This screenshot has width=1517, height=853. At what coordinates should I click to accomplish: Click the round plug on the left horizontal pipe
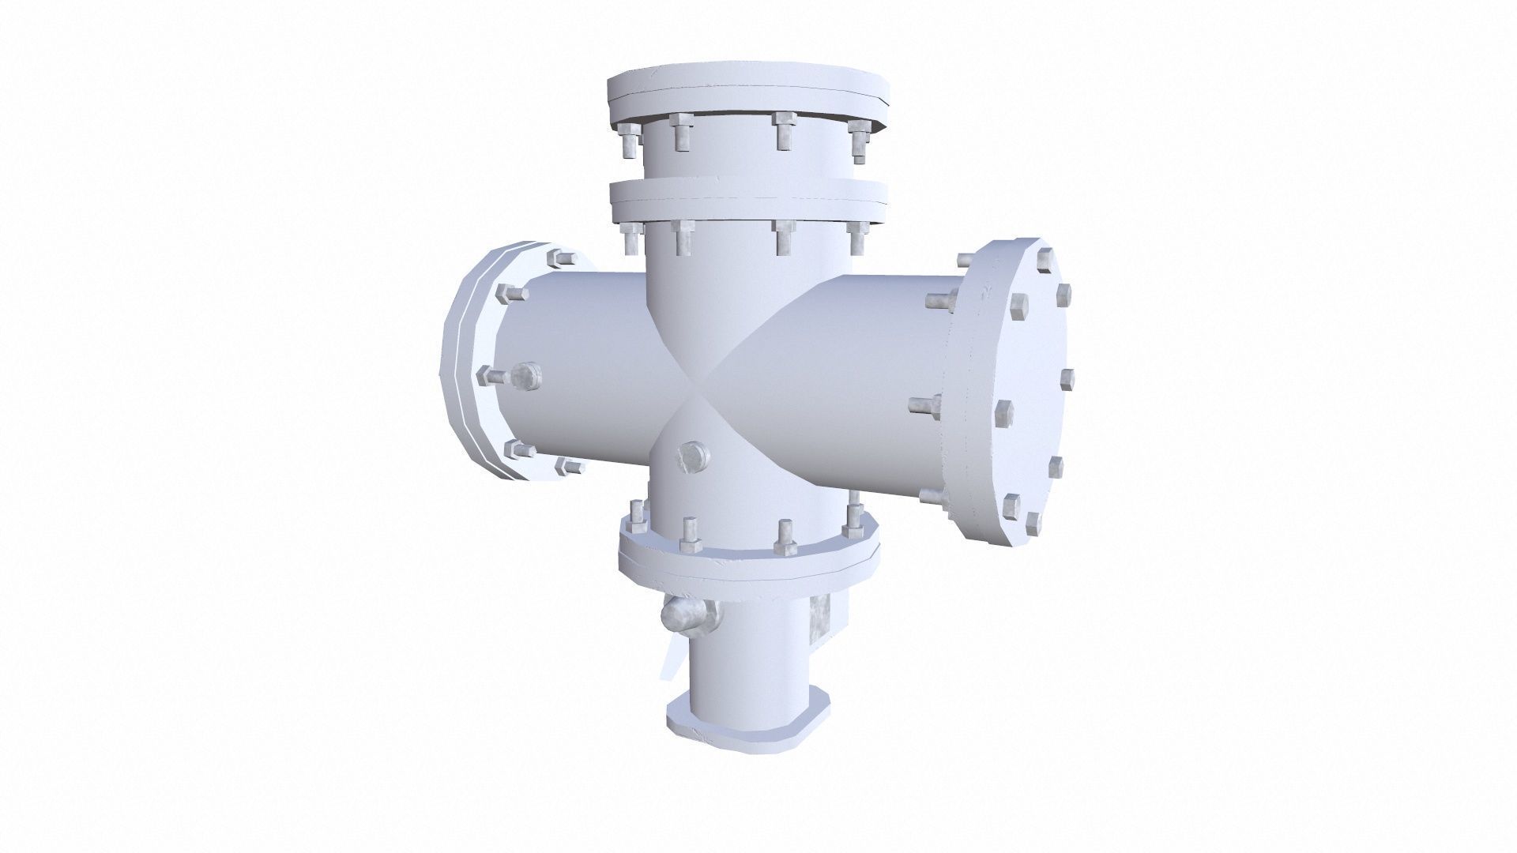[525, 376]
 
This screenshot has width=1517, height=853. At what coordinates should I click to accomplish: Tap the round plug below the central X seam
[693, 457]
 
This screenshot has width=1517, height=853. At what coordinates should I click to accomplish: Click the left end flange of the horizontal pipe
[466, 363]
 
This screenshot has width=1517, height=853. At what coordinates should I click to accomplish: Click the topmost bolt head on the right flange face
[1045, 258]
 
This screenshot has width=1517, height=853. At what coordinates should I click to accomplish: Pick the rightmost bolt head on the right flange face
[1067, 378]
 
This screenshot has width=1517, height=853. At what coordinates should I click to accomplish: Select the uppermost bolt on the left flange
[559, 259]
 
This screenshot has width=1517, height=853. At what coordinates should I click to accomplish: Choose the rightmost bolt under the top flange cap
[859, 142]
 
